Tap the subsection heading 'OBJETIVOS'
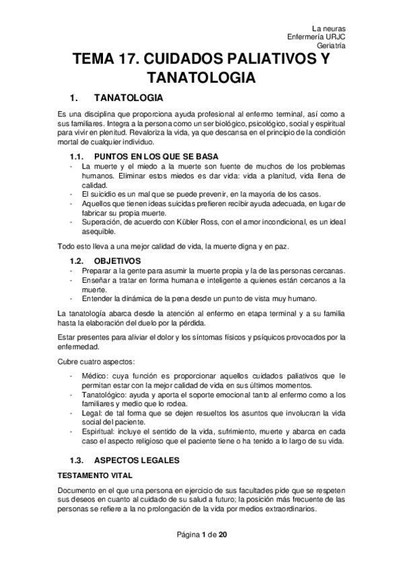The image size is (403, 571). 117,259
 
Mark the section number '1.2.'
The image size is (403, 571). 79,259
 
